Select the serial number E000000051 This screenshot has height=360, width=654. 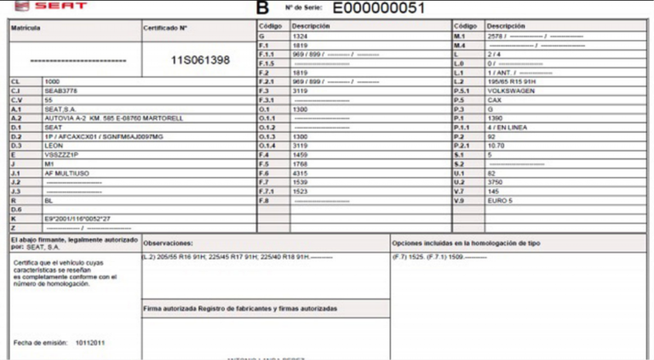379,9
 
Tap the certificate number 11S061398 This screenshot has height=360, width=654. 200,60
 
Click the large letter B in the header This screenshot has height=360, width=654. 261,9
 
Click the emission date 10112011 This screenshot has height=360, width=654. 92,342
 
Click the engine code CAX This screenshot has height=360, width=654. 494,100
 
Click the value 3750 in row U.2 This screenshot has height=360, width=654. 494,181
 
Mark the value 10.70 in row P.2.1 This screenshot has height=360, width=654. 495,145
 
